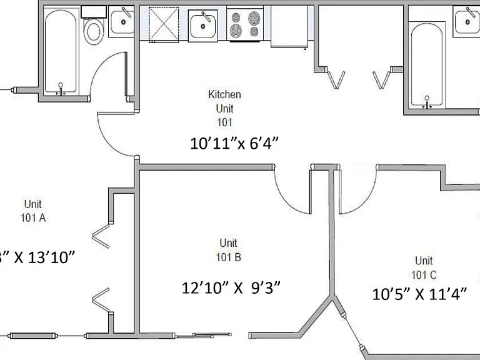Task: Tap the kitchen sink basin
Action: click(202, 26)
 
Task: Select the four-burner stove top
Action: click(245, 24)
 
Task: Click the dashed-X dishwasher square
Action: click(164, 24)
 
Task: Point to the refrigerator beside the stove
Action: click(289, 26)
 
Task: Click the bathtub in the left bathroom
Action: click(61, 51)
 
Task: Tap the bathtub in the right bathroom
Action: click(427, 65)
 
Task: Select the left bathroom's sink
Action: click(121, 21)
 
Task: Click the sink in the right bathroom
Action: click(466, 21)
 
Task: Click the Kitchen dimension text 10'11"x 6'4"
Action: click(234, 143)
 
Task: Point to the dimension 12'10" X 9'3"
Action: click(231, 287)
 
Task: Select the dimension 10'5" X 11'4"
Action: click(420, 294)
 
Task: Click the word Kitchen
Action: click(224, 94)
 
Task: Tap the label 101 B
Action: click(228, 257)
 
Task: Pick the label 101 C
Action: click(424, 275)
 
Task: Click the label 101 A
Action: click(33, 217)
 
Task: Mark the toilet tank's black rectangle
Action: click(93, 12)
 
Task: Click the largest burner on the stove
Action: click(254, 18)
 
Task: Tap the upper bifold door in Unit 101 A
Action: click(101, 236)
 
